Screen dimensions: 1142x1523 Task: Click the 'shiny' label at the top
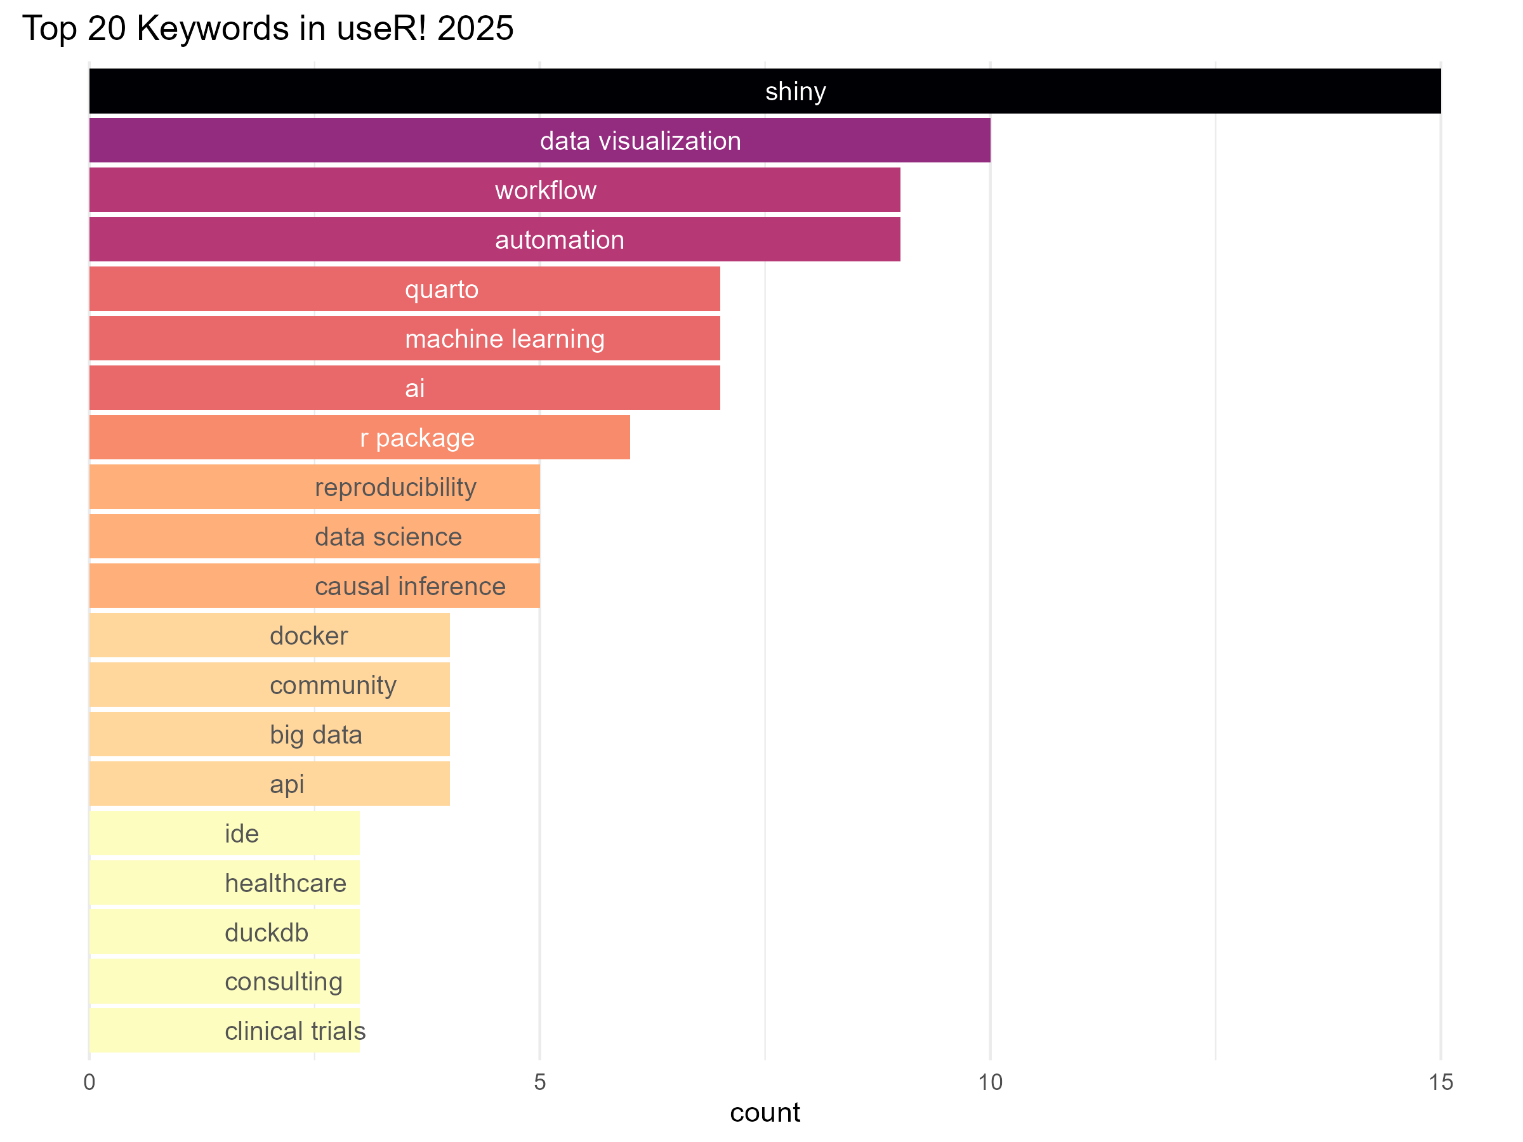pyautogui.click(x=795, y=91)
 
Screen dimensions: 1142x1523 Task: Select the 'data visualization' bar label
pyautogui.click(x=640, y=141)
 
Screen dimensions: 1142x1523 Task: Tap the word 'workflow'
pyautogui.click(x=545, y=191)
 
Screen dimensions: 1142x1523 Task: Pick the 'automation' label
pyautogui.click(x=559, y=240)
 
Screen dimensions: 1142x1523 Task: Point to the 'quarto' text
pyautogui.click(x=441, y=290)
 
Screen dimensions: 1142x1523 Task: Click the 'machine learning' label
pyautogui.click(x=504, y=339)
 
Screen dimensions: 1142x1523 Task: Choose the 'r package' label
pyautogui.click(x=418, y=438)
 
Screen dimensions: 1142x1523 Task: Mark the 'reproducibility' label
pyautogui.click(x=395, y=487)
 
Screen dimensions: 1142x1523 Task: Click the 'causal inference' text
pyautogui.click(x=410, y=586)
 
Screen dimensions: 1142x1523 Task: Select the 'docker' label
pyautogui.click(x=308, y=636)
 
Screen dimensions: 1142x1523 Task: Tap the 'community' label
pyautogui.click(x=333, y=686)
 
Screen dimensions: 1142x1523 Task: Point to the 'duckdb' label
pyautogui.click(x=267, y=933)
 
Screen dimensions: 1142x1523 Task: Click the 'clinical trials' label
pyautogui.click(x=294, y=1031)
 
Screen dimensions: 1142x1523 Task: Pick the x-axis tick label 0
pyautogui.click(x=89, y=1082)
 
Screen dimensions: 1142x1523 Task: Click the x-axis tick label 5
pyautogui.click(x=540, y=1082)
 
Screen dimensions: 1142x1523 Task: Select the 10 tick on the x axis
pyautogui.click(x=990, y=1082)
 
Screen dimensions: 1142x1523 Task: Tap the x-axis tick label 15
pyautogui.click(x=1441, y=1082)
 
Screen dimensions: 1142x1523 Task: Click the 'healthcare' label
pyautogui.click(x=285, y=883)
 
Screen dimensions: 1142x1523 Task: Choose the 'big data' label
pyautogui.click(x=315, y=735)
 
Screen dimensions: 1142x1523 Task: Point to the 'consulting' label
pyautogui.click(x=283, y=982)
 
